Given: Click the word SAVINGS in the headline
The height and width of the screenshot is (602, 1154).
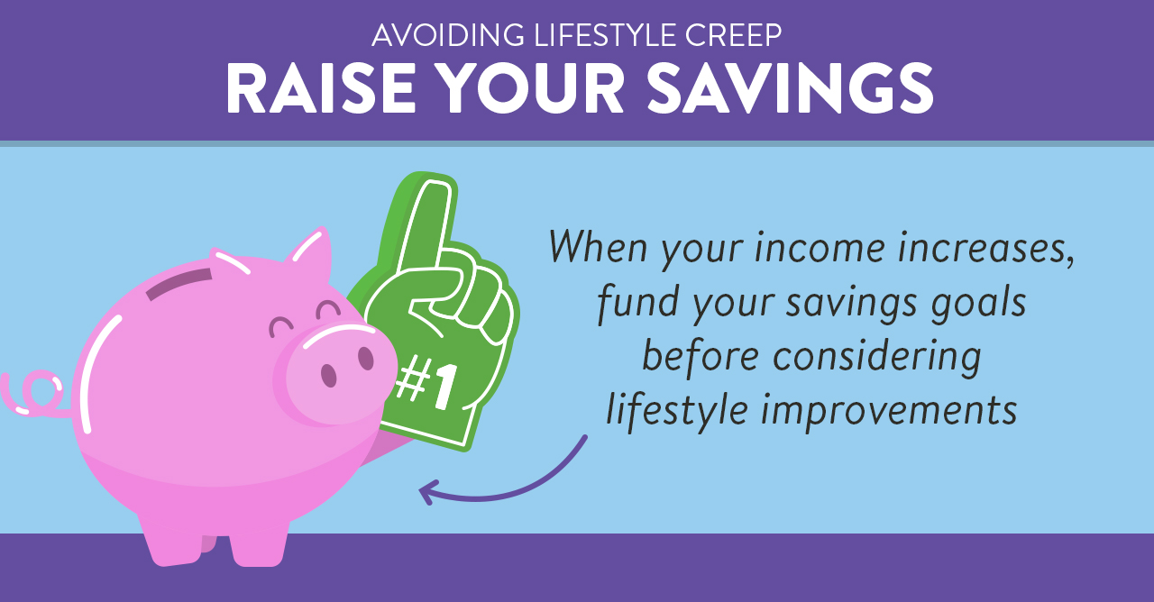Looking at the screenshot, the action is pos(790,87).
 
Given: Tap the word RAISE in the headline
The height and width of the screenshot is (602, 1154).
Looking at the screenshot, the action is pos(320,88).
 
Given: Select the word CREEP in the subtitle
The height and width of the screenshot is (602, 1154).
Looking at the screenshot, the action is pos(733,35).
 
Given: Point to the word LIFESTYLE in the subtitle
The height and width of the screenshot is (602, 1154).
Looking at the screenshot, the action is pos(604,35).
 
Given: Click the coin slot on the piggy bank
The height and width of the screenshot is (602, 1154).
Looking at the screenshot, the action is pos(179,284).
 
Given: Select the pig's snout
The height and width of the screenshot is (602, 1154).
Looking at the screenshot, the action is pos(337,369).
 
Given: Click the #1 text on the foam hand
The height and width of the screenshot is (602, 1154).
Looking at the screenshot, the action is pos(426,384).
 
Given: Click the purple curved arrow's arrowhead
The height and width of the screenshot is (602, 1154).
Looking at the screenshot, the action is pos(429,492).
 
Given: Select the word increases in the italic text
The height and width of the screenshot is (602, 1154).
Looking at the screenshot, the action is pos(986,248).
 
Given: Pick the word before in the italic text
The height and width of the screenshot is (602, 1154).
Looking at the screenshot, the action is pos(701,356).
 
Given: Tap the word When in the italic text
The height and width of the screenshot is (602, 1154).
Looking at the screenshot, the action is pos(599,246).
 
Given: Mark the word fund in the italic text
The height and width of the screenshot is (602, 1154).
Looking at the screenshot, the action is pos(637,303).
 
